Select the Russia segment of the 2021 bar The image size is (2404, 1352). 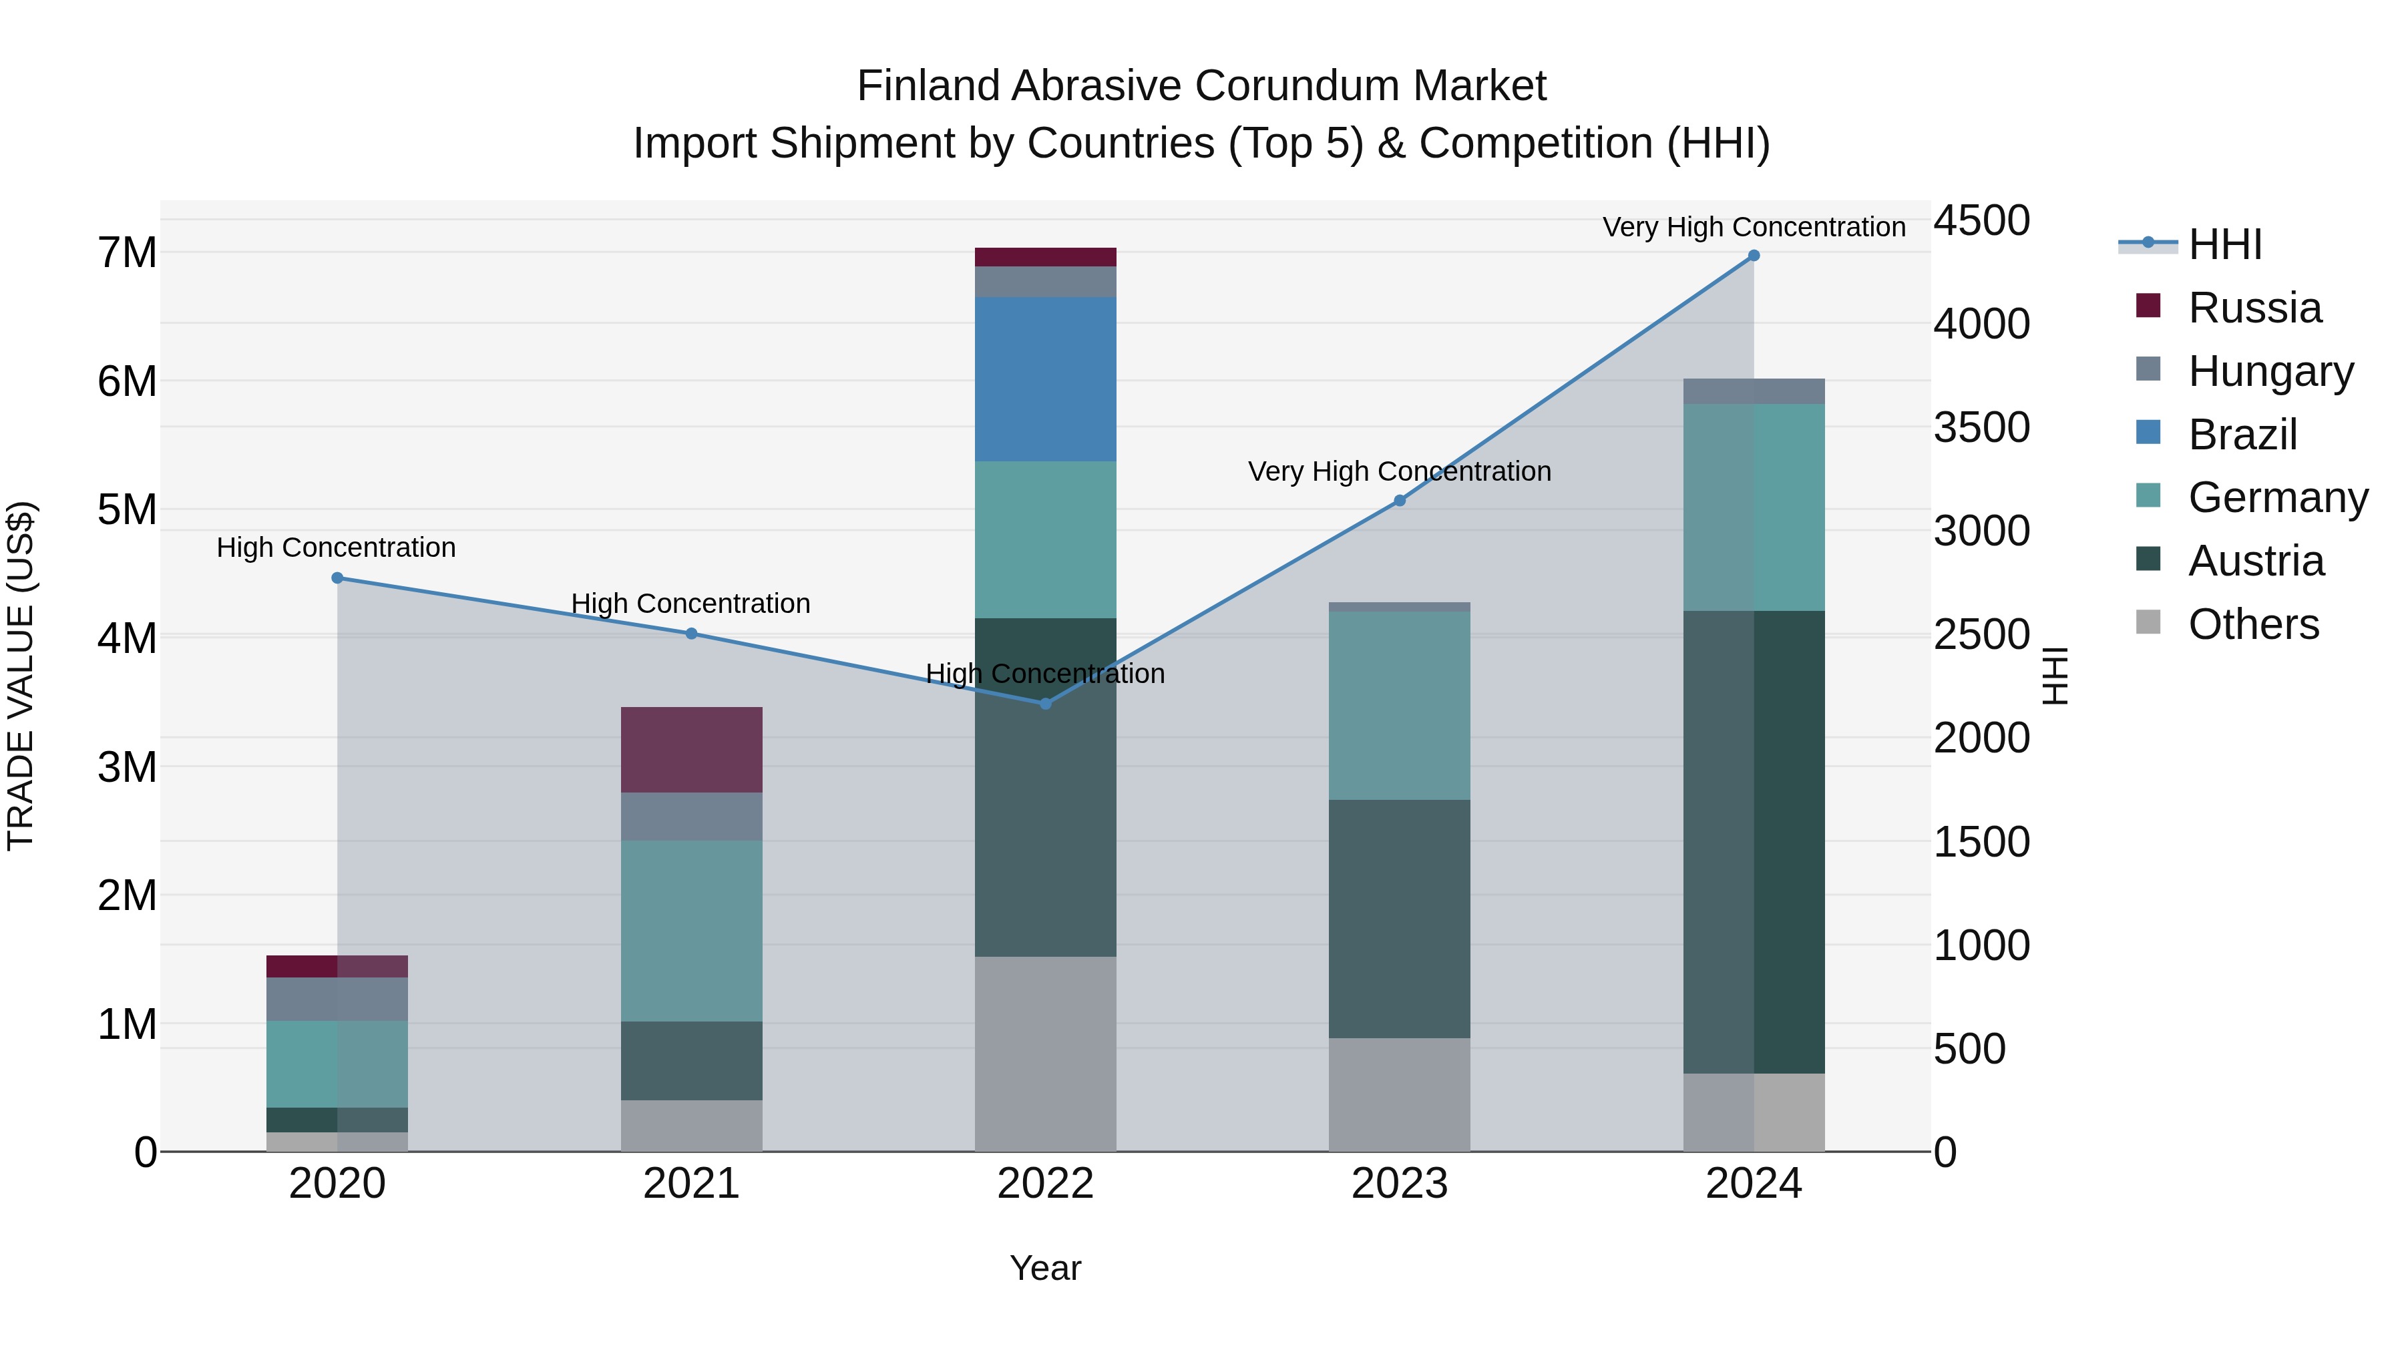point(692,749)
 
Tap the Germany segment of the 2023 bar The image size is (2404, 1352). point(1399,706)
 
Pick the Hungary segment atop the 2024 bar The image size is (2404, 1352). point(1754,391)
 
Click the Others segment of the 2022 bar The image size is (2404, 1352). point(1045,1054)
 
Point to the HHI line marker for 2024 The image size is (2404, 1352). point(1754,256)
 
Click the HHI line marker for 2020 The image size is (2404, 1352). point(338,578)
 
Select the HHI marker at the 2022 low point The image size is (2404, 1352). point(1045,704)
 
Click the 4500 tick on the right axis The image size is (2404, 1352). point(1981,221)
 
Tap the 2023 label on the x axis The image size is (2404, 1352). point(1399,1184)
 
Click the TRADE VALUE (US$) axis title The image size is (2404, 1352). point(21,676)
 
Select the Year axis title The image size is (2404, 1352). point(1045,1268)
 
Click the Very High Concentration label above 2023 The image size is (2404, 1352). point(1399,471)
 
